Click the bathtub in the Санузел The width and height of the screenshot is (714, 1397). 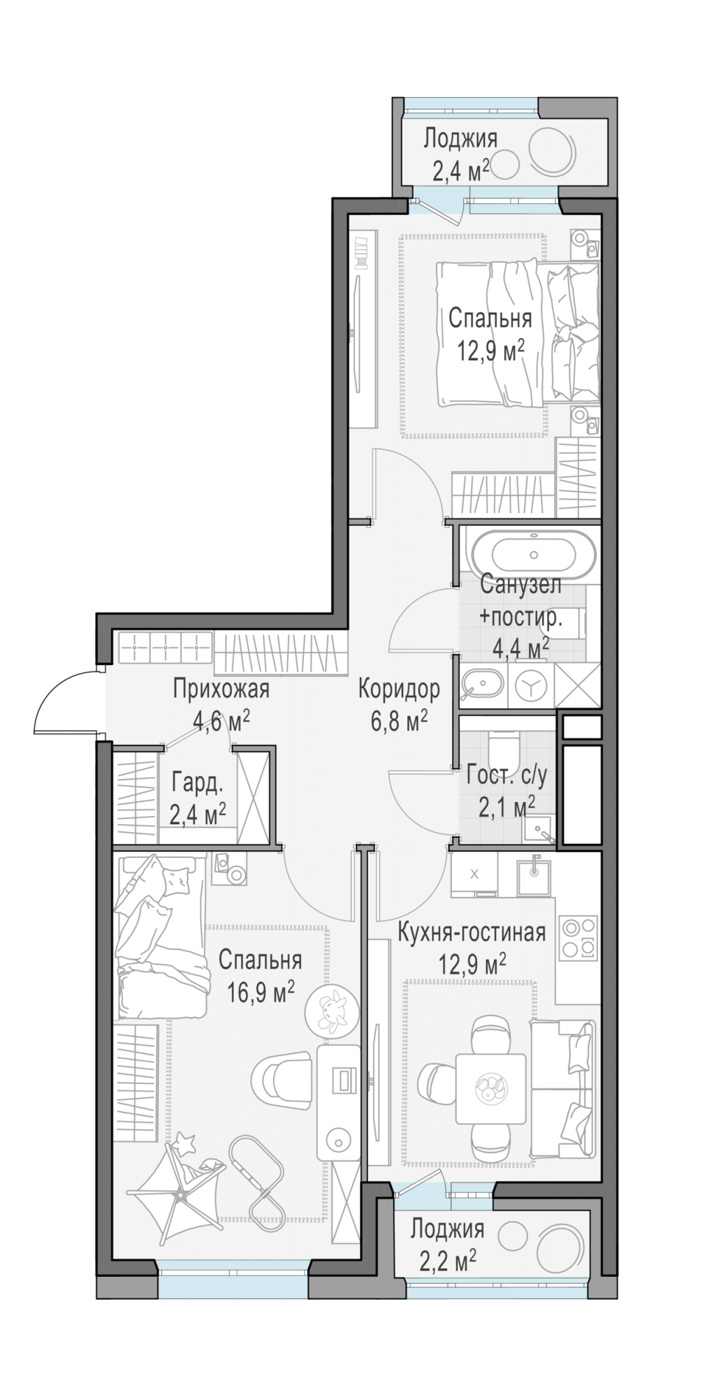coord(534,555)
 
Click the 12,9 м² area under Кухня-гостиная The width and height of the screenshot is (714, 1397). coord(472,965)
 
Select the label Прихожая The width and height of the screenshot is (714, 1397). coord(221,689)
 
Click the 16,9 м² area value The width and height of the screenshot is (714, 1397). coord(261,991)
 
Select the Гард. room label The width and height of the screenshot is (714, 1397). coord(198,784)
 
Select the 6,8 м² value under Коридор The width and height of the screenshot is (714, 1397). coord(399,720)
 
